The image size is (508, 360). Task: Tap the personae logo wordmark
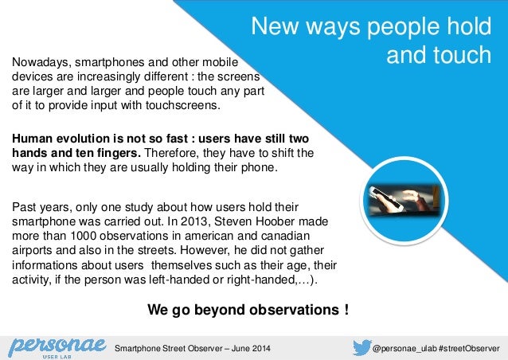tap(55, 344)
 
